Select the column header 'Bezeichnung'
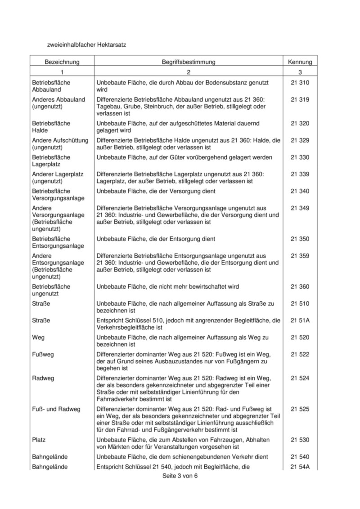[x=62, y=62]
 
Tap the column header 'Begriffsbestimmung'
[x=189, y=62]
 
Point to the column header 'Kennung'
[x=300, y=62]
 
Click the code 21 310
[x=300, y=83]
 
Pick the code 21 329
[x=300, y=140]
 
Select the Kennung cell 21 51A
[x=300, y=320]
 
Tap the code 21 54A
[x=300, y=467]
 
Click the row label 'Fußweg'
[x=43, y=354]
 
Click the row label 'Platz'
[x=39, y=439]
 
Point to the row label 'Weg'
[x=38, y=337]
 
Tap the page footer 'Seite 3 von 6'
[x=180, y=477]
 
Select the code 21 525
[x=300, y=409]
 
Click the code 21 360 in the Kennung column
[x=300, y=286]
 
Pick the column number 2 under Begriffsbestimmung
[x=189, y=72]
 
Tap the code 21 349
[x=300, y=208]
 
